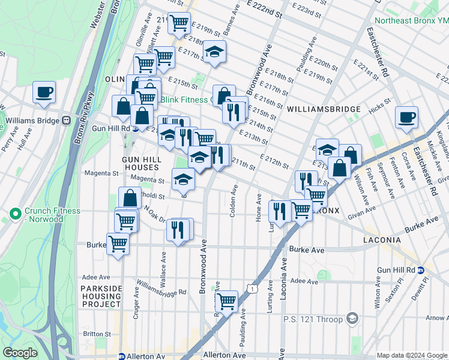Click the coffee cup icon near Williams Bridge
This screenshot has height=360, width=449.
44,92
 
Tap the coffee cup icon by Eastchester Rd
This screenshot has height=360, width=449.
406,116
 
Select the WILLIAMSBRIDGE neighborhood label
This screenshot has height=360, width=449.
324,109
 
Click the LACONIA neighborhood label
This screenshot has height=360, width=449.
382,240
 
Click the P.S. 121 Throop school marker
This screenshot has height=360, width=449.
353,318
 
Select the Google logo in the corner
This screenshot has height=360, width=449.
19,353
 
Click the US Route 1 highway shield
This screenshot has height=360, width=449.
255,290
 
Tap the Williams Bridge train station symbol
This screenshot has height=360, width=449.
65,120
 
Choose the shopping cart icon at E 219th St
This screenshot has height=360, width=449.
179,23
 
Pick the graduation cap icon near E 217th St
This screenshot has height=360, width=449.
214,52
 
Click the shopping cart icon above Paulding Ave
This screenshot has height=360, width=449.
226,301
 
